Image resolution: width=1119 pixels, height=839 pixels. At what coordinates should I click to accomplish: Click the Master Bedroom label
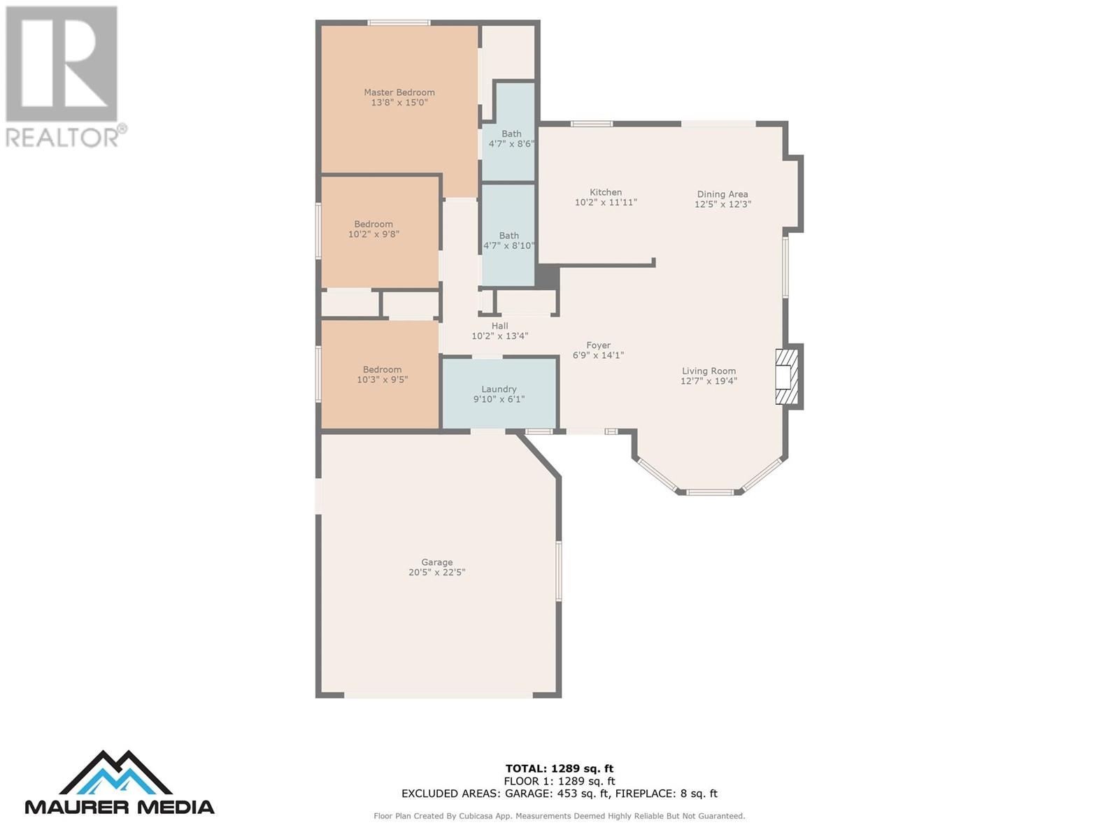(x=399, y=92)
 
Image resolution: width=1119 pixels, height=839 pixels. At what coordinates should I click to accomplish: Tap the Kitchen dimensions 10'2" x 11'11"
(x=606, y=202)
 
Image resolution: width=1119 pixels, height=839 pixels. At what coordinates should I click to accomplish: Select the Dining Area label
(x=722, y=194)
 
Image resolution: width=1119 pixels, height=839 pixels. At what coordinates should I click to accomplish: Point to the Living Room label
(x=708, y=371)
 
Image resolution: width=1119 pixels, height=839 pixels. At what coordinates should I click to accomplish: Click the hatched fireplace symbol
(x=787, y=376)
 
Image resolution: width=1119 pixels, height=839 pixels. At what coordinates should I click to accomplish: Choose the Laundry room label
(x=499, y=389)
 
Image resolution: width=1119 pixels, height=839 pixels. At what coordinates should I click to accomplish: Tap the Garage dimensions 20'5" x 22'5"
(x=437, y=572)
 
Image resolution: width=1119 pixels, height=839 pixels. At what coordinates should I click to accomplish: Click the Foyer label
(x=598, y=345)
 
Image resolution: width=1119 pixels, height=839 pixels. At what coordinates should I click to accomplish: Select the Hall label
(x=499, y=326)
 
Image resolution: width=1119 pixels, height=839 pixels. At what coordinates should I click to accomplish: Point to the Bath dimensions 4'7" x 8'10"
(x=508, y=245)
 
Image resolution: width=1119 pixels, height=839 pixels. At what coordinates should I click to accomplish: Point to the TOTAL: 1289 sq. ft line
(x=559, y=768)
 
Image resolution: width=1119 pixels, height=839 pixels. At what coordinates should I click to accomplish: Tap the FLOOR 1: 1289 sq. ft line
(x=559, y=781)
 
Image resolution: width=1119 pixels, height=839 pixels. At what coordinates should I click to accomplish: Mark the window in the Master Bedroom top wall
(x=399, y=22)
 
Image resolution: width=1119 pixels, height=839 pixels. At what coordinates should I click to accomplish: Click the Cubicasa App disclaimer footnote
(x=559, y=815)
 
